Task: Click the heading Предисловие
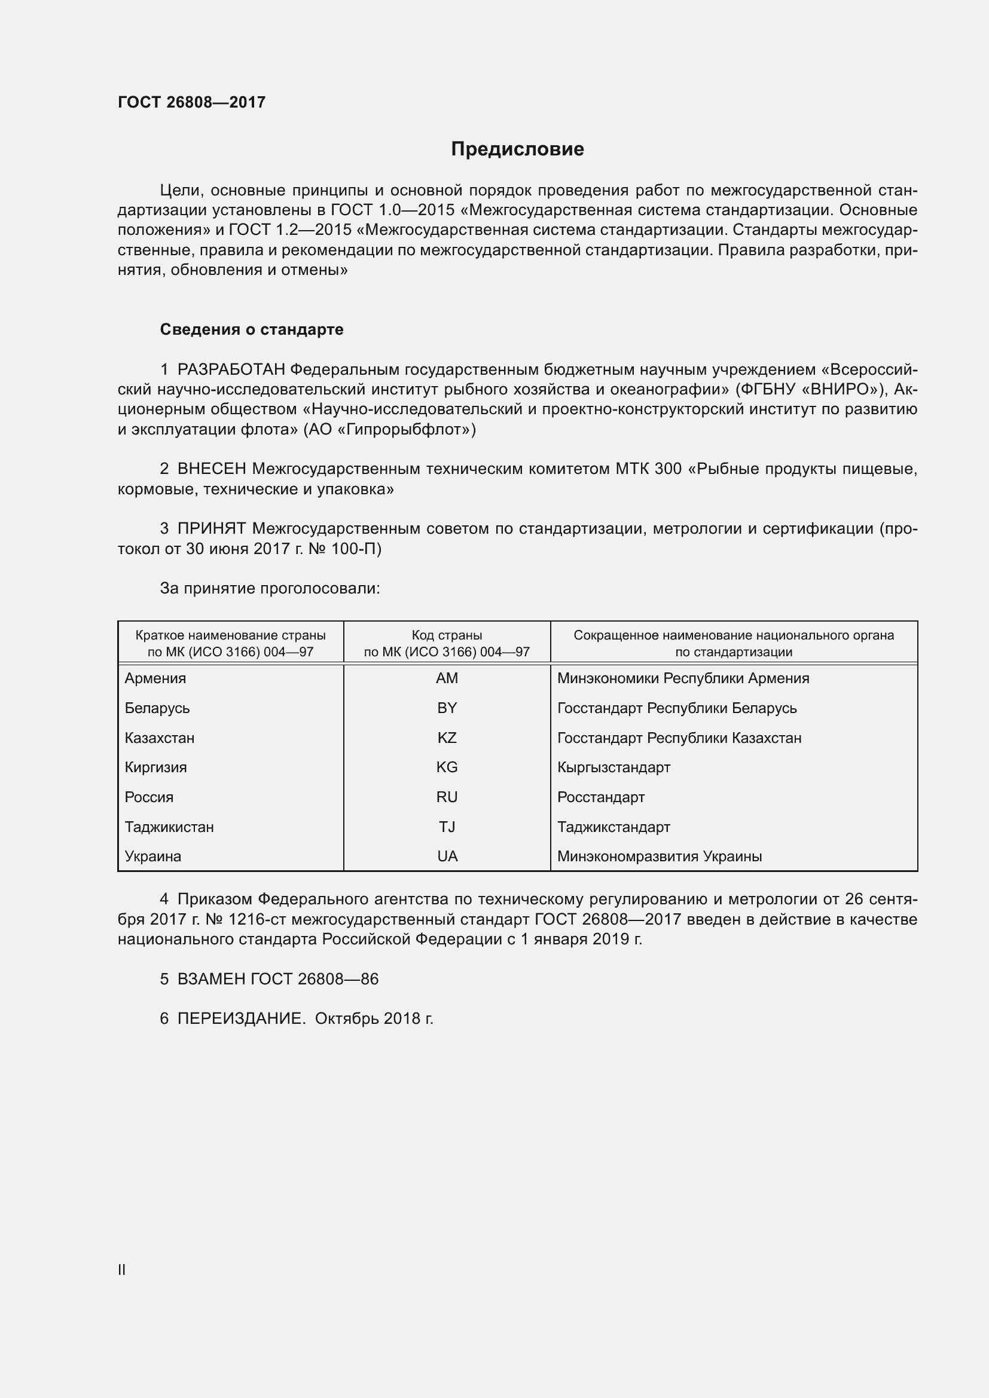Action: (x=517, y=149)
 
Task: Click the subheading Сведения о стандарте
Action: (x=252, y=329)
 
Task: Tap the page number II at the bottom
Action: (x=122, y=1269)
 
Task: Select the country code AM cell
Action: (x=447, y=678)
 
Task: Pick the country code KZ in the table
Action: (x=447, y=738)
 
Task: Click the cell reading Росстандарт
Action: (x=600, y=797)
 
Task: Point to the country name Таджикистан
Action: (x=169, y=827)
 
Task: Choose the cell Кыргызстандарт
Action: (x=613, y=767)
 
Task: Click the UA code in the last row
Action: (x=447, y=856)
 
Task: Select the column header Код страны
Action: (x=447, y=636)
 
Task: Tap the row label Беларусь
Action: (x=157, y=708)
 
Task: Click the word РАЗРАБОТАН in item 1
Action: (x=231, y=369)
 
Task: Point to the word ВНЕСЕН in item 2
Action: (x=211, y=469)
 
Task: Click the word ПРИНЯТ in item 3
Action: (x=211, y=528)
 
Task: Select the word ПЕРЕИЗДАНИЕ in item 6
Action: (x=241, y=1018)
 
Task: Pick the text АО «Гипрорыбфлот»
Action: (x=389, y=429)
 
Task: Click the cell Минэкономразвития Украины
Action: (x=659, y=856)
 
